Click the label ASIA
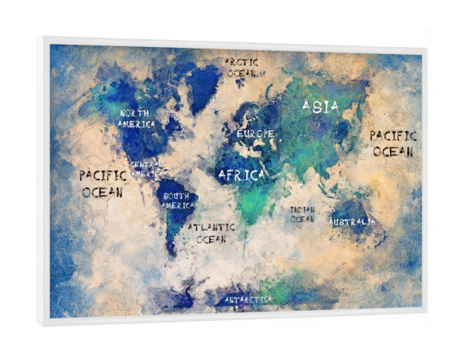pyautogui.click(x=320, y=106)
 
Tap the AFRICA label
pyautogui.click(x=242, y=174)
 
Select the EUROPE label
pyautogui.click(x=255, y=134)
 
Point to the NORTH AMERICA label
pyautogui.click(x=136, y=118)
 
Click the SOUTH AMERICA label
pyautogui.click(x=177, y=200)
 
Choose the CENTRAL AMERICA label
pyautogui.click(x=146, y=169)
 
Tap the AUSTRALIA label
pyautogui.click(x=352, y=222)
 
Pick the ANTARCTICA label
pyautogui.click(x=248, y=299)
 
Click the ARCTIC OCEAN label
pyautogui.click(x=244, y=67)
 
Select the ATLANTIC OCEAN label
pyautogui.click(x=211, y=232)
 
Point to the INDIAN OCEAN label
pyautogui.click(x=302, y=214)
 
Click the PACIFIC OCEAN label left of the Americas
pyautogui.click(x=102, y=183)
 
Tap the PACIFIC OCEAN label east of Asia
pyautogui.click(x=392, y=143)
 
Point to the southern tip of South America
pyautogui.click(x=172, y=252)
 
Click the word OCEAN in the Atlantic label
pyautogui.click(x=211, y=239)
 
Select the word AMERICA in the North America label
pyautogui.click(x=136, y=124)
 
